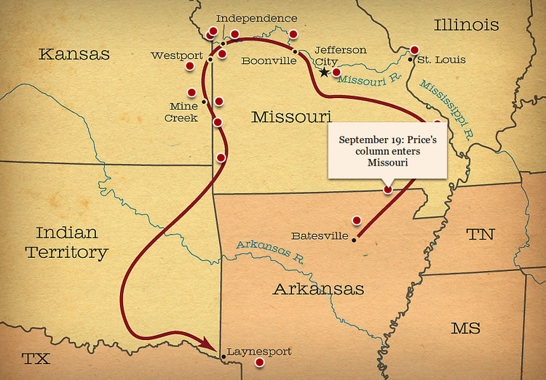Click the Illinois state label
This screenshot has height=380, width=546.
click(x=467, y=25)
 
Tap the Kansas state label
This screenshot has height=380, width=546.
click(x=74, y=54)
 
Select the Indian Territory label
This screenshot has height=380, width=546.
click(x=66, y=243)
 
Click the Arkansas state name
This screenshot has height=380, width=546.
click(x=318, y=289)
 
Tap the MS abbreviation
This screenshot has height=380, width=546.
click(x=465, y=328)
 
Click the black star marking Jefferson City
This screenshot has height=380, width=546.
click(x=324, y=73)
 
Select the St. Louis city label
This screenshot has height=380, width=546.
click(x=442, y=60)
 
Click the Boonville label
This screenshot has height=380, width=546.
click(x=269, y=60)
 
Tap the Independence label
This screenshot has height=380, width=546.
click(x=257, y=18)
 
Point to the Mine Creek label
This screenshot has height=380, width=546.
click(x=181, y=111)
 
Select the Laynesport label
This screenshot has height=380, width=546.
click(x=260, y=352)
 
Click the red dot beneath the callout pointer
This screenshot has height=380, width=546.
click(x=387, y=190)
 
